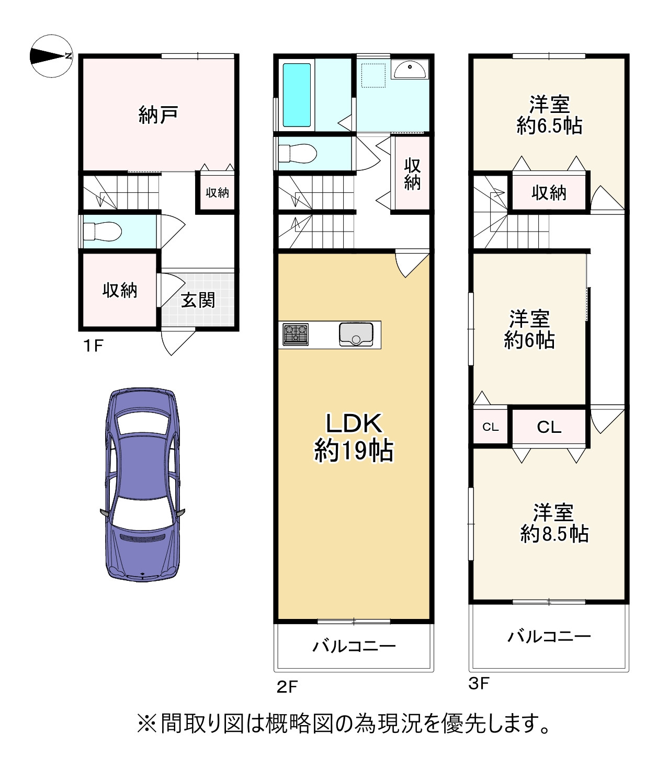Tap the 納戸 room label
tap(157, 114)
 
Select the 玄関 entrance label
tap(198, 300)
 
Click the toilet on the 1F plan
tap(103, 231)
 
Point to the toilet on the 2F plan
tap(297, 154)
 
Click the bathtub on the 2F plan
tap(297, 95)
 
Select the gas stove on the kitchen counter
tap(296, 335)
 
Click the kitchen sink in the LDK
tap(356, 335)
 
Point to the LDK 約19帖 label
tap(354, 437)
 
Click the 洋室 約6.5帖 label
tap(549, 115)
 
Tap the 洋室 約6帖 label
tap(529, 329)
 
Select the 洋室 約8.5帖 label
tap(553, 522)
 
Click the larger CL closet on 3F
tap(549, 427)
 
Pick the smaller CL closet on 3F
tap(490, 427)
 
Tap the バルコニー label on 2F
tap(354, 646)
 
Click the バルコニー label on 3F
tap(549, 636)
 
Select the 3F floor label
tap(478, 683)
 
